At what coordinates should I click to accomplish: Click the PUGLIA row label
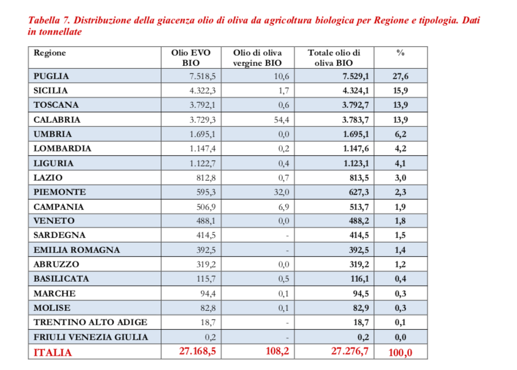(52, 76)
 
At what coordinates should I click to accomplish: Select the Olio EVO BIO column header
(191, 58)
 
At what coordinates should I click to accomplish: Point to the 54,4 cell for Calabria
(280, 120)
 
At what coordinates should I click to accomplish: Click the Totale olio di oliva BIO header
(333, 58)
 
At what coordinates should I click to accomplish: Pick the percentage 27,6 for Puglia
(401, 76)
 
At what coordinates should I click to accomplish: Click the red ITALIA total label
(53, 352)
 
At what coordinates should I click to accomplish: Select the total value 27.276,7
(349, 352)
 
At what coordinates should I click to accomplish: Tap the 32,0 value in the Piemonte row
(280, 192)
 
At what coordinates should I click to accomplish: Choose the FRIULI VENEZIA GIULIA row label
(91, 337)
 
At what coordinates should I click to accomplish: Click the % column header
(401, 53)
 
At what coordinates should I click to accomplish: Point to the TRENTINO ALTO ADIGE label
(90, 322)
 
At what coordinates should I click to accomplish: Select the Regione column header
(50, 53)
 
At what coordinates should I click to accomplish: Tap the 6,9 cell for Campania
(282, 207)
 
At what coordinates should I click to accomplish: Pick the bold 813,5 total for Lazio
(356, 178)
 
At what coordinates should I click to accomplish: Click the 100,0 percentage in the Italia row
(400, 352)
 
